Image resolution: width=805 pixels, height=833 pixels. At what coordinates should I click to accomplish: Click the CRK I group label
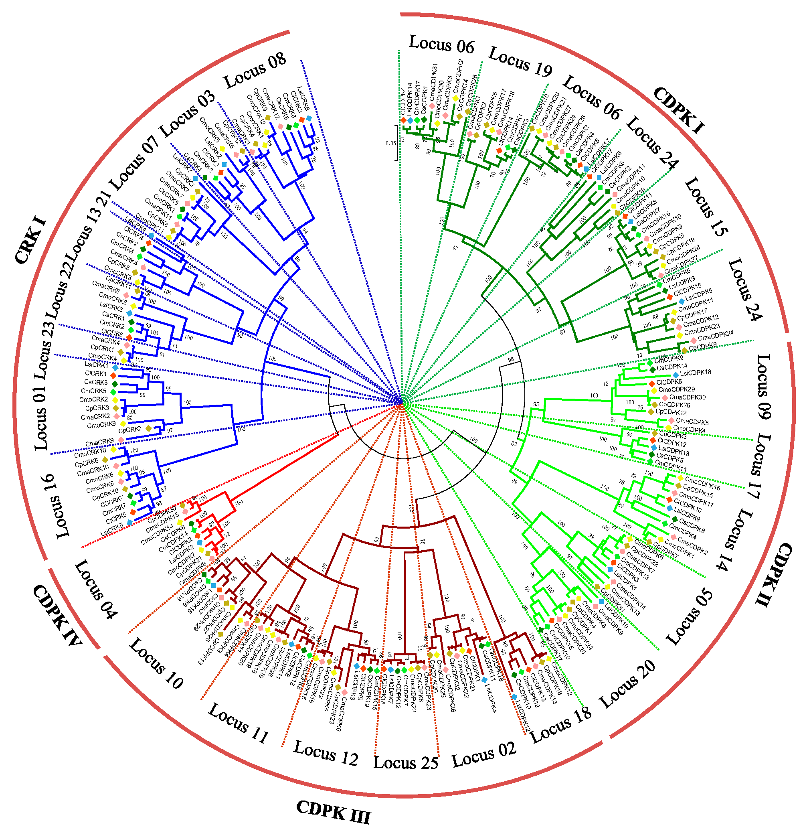coord(30,240)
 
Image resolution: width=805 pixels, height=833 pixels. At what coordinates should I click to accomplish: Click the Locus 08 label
coord(255,70)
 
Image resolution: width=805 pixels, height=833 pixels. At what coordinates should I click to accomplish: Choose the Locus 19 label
coord(520,62)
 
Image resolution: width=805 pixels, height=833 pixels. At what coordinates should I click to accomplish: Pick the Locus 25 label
coord(405,763)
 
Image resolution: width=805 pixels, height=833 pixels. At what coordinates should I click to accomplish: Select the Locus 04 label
coord(96,589)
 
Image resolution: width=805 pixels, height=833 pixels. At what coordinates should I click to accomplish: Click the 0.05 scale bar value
coord(390,143)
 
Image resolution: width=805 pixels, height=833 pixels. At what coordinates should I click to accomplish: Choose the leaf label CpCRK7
coord(129,430)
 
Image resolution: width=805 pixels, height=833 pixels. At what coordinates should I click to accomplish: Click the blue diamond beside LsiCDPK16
coord(676,375)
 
